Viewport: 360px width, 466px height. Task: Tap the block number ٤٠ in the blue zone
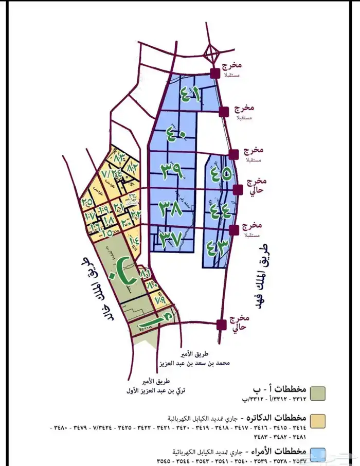pyautogui.click(x=176, y=135)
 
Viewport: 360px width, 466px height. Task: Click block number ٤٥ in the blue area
pyautogui.click(x=220, y=173)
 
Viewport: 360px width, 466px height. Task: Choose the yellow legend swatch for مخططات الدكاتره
pyautogui.click(x=319, y=420)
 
